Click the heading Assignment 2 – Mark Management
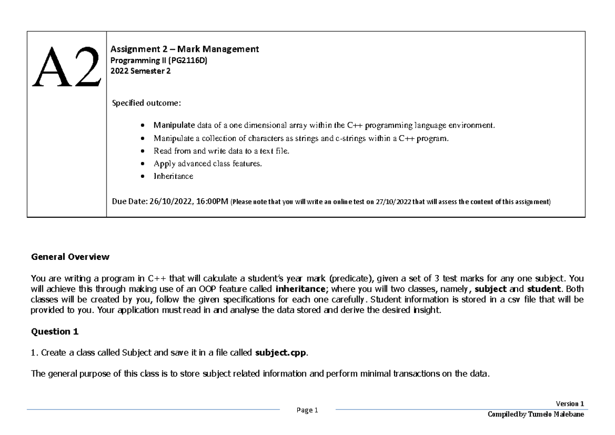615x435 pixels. point(185,49)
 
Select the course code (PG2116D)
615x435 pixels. point(190,60)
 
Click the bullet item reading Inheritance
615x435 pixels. point(173,176)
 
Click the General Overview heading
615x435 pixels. point(70,256)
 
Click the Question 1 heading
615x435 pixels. point(55,332)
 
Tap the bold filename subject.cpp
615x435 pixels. point(281,353)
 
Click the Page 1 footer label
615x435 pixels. point(307,410)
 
